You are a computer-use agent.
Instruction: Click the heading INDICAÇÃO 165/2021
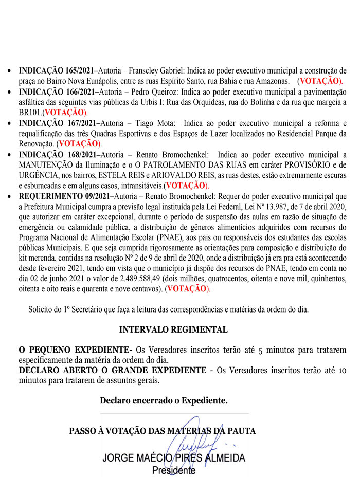coord(57,70)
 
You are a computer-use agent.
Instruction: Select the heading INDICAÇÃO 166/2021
coord(57,92)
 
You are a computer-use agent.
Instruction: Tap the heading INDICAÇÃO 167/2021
coord(57,123)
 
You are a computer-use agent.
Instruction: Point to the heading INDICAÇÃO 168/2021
coord(57,154)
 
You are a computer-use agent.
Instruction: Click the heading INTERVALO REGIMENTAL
coord(173,329)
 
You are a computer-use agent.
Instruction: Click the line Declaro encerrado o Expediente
coord(164,399)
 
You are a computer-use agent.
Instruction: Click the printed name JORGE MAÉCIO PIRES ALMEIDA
coord(174,458)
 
